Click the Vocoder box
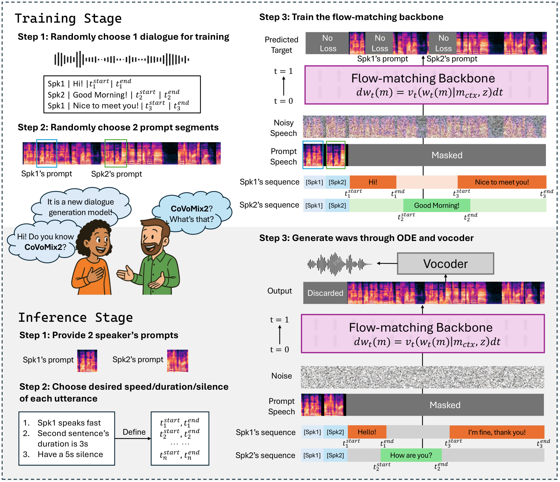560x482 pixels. tap(445, 263)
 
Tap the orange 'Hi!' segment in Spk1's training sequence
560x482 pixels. tap(373, 182)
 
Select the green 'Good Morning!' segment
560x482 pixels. tap(437, 206)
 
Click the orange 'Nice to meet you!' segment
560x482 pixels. tap(502, 182)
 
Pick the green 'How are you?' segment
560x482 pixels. tap(411, 455)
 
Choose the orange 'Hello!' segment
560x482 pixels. tap(367, 432)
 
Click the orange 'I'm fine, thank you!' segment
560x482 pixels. tap(497, 432)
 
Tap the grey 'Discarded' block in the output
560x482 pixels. tap(325, 293)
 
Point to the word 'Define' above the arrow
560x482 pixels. tap(134, 432)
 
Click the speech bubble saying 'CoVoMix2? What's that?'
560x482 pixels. tap(192, 213)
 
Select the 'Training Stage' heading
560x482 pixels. tap(68, 18)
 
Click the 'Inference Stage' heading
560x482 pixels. tap(76, 318)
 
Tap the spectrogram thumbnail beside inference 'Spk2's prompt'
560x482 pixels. tap(178, 361)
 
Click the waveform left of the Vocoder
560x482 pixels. tap(340, 263)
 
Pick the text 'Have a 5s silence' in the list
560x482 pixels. tap(70, 454)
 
